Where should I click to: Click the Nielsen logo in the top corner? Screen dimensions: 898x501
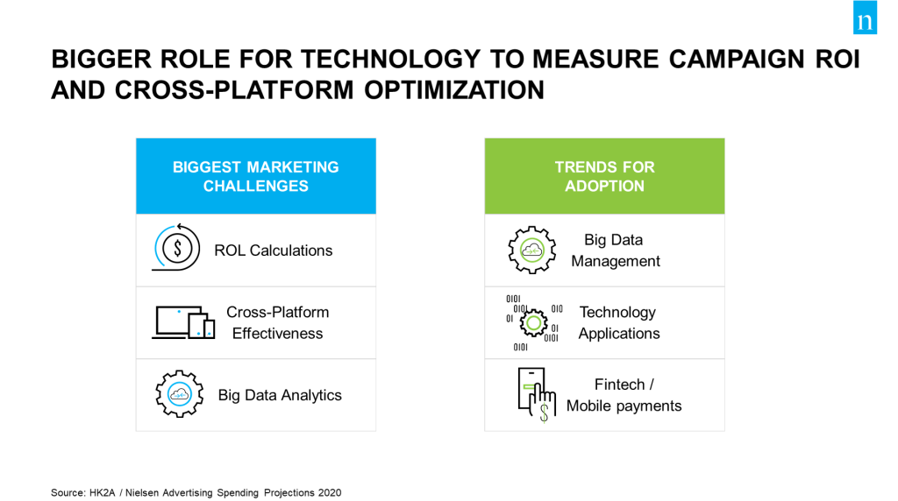pos(865,18)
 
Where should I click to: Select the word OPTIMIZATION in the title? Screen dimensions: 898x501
pos(454,90)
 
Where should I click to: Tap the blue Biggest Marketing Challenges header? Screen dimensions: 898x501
pos(256,176)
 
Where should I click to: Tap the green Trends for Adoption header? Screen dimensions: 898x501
pos(605,176)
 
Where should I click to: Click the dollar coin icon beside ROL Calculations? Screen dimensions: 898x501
pos(176,248)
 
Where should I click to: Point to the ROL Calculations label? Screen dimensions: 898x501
pos(274,250)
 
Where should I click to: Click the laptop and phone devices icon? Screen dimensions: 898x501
pos(183,322)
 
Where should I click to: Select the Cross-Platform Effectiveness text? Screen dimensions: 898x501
pos(278,322)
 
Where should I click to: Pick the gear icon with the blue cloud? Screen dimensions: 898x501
pos(179,394)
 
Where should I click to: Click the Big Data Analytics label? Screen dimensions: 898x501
pos(280,395)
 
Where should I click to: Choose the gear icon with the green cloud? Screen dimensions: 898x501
pos(532,250)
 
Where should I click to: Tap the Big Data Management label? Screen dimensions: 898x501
pos(616,250)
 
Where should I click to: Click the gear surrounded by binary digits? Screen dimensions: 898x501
pos(534,323)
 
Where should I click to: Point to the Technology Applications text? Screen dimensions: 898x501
pos(619,322)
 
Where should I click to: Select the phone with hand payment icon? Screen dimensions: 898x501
pos(537,395)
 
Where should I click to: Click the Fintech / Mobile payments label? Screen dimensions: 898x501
pos(624,395)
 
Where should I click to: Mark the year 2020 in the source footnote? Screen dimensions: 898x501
pos(330,492)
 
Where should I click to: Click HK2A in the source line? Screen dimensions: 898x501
pos(102,492)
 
